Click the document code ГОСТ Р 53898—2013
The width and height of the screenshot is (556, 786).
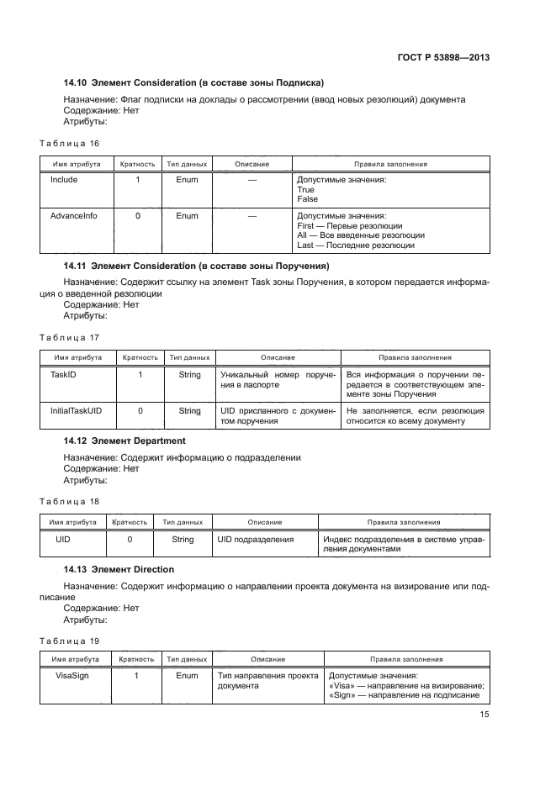(x=443, y=58)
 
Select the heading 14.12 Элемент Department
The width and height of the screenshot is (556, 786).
(x=124, y=440)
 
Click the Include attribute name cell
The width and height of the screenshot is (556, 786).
(x=64, y=180)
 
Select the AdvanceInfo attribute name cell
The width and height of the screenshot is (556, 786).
(x=73, y=216)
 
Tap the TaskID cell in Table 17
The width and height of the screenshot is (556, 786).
(x=64, y=374)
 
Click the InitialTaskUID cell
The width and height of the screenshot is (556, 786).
(x=77, y=410)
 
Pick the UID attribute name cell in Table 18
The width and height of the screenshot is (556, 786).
(x=62, y=539)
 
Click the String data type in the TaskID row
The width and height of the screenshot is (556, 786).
(x=190, y=374)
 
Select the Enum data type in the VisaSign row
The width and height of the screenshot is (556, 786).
(x=188, y=675)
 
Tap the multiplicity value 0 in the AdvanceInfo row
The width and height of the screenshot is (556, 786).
(x=138, y=216)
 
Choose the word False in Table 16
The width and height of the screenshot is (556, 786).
(x=308, y=199)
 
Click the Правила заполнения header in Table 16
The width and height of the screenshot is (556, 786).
(x=390, y=164)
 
